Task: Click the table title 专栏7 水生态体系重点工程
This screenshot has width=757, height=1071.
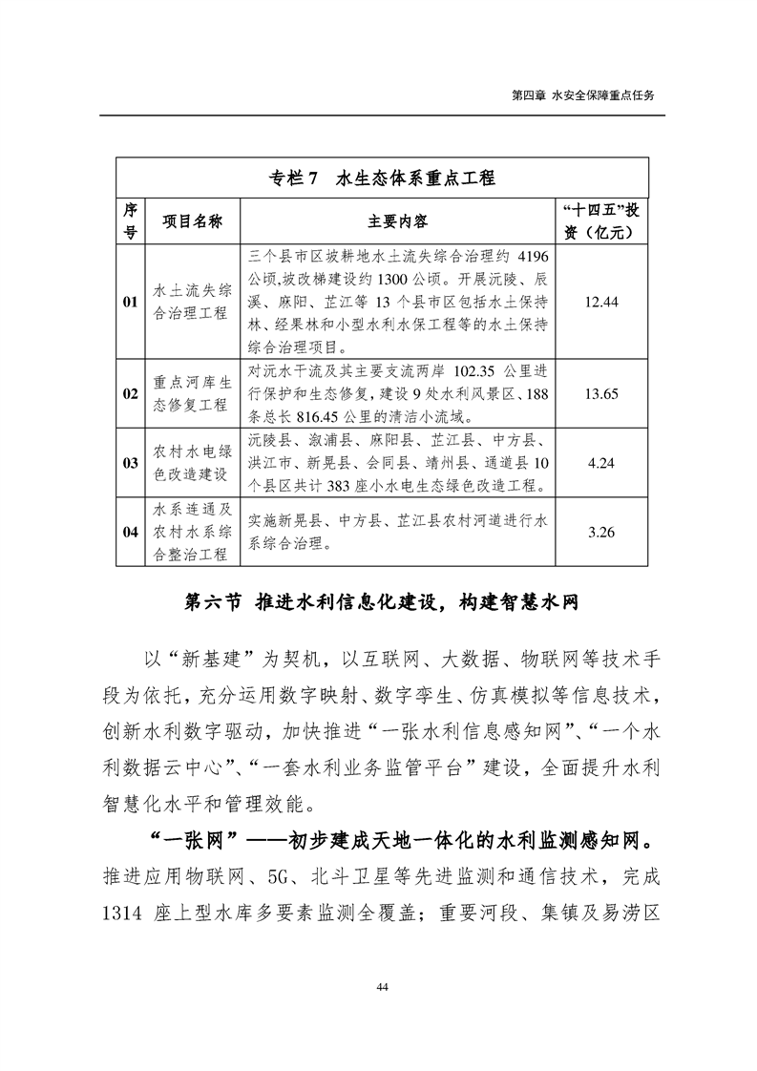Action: point(383,178)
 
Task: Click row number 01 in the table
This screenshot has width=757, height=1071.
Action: point(131,302)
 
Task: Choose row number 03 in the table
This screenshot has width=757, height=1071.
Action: point(131,463)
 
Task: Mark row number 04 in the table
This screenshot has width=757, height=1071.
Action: point(131,532)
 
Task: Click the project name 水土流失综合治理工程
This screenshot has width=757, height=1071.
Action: point(192,302)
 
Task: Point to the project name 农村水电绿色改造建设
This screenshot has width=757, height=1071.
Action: point(192,463)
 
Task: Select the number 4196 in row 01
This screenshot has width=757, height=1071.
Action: point(533,257)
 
